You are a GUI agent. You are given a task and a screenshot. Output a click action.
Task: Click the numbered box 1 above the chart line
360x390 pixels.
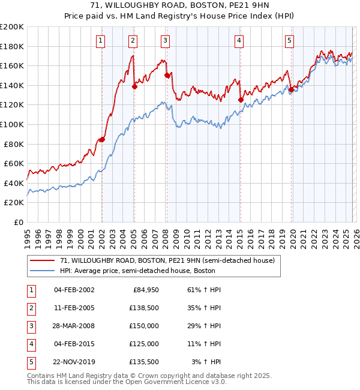(x=100, y=41)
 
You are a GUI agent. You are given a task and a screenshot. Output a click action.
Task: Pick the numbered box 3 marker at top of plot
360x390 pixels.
(x=165, y=41)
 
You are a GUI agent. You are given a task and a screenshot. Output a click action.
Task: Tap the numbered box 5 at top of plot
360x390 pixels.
(x=289, y=41)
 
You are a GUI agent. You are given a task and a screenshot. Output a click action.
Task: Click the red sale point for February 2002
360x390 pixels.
(x=102, y=139)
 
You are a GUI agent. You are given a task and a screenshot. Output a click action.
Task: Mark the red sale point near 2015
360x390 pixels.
(x=240, y=100)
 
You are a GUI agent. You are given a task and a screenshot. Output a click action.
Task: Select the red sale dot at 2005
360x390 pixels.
(x=134, y=86)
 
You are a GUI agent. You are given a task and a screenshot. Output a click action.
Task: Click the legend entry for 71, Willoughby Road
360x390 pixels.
(x=167, y=260)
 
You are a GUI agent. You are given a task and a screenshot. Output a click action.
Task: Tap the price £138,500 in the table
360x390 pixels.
(x=144, y=307)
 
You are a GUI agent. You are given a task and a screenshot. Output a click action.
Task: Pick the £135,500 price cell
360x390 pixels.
(x=144, y=361)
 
